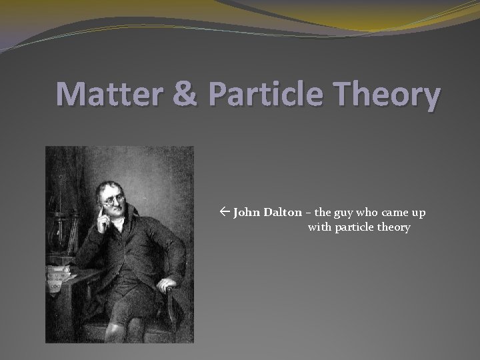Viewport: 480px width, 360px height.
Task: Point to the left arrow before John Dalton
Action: coord(225,213)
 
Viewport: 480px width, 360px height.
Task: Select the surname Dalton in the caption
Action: coord(283,213)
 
